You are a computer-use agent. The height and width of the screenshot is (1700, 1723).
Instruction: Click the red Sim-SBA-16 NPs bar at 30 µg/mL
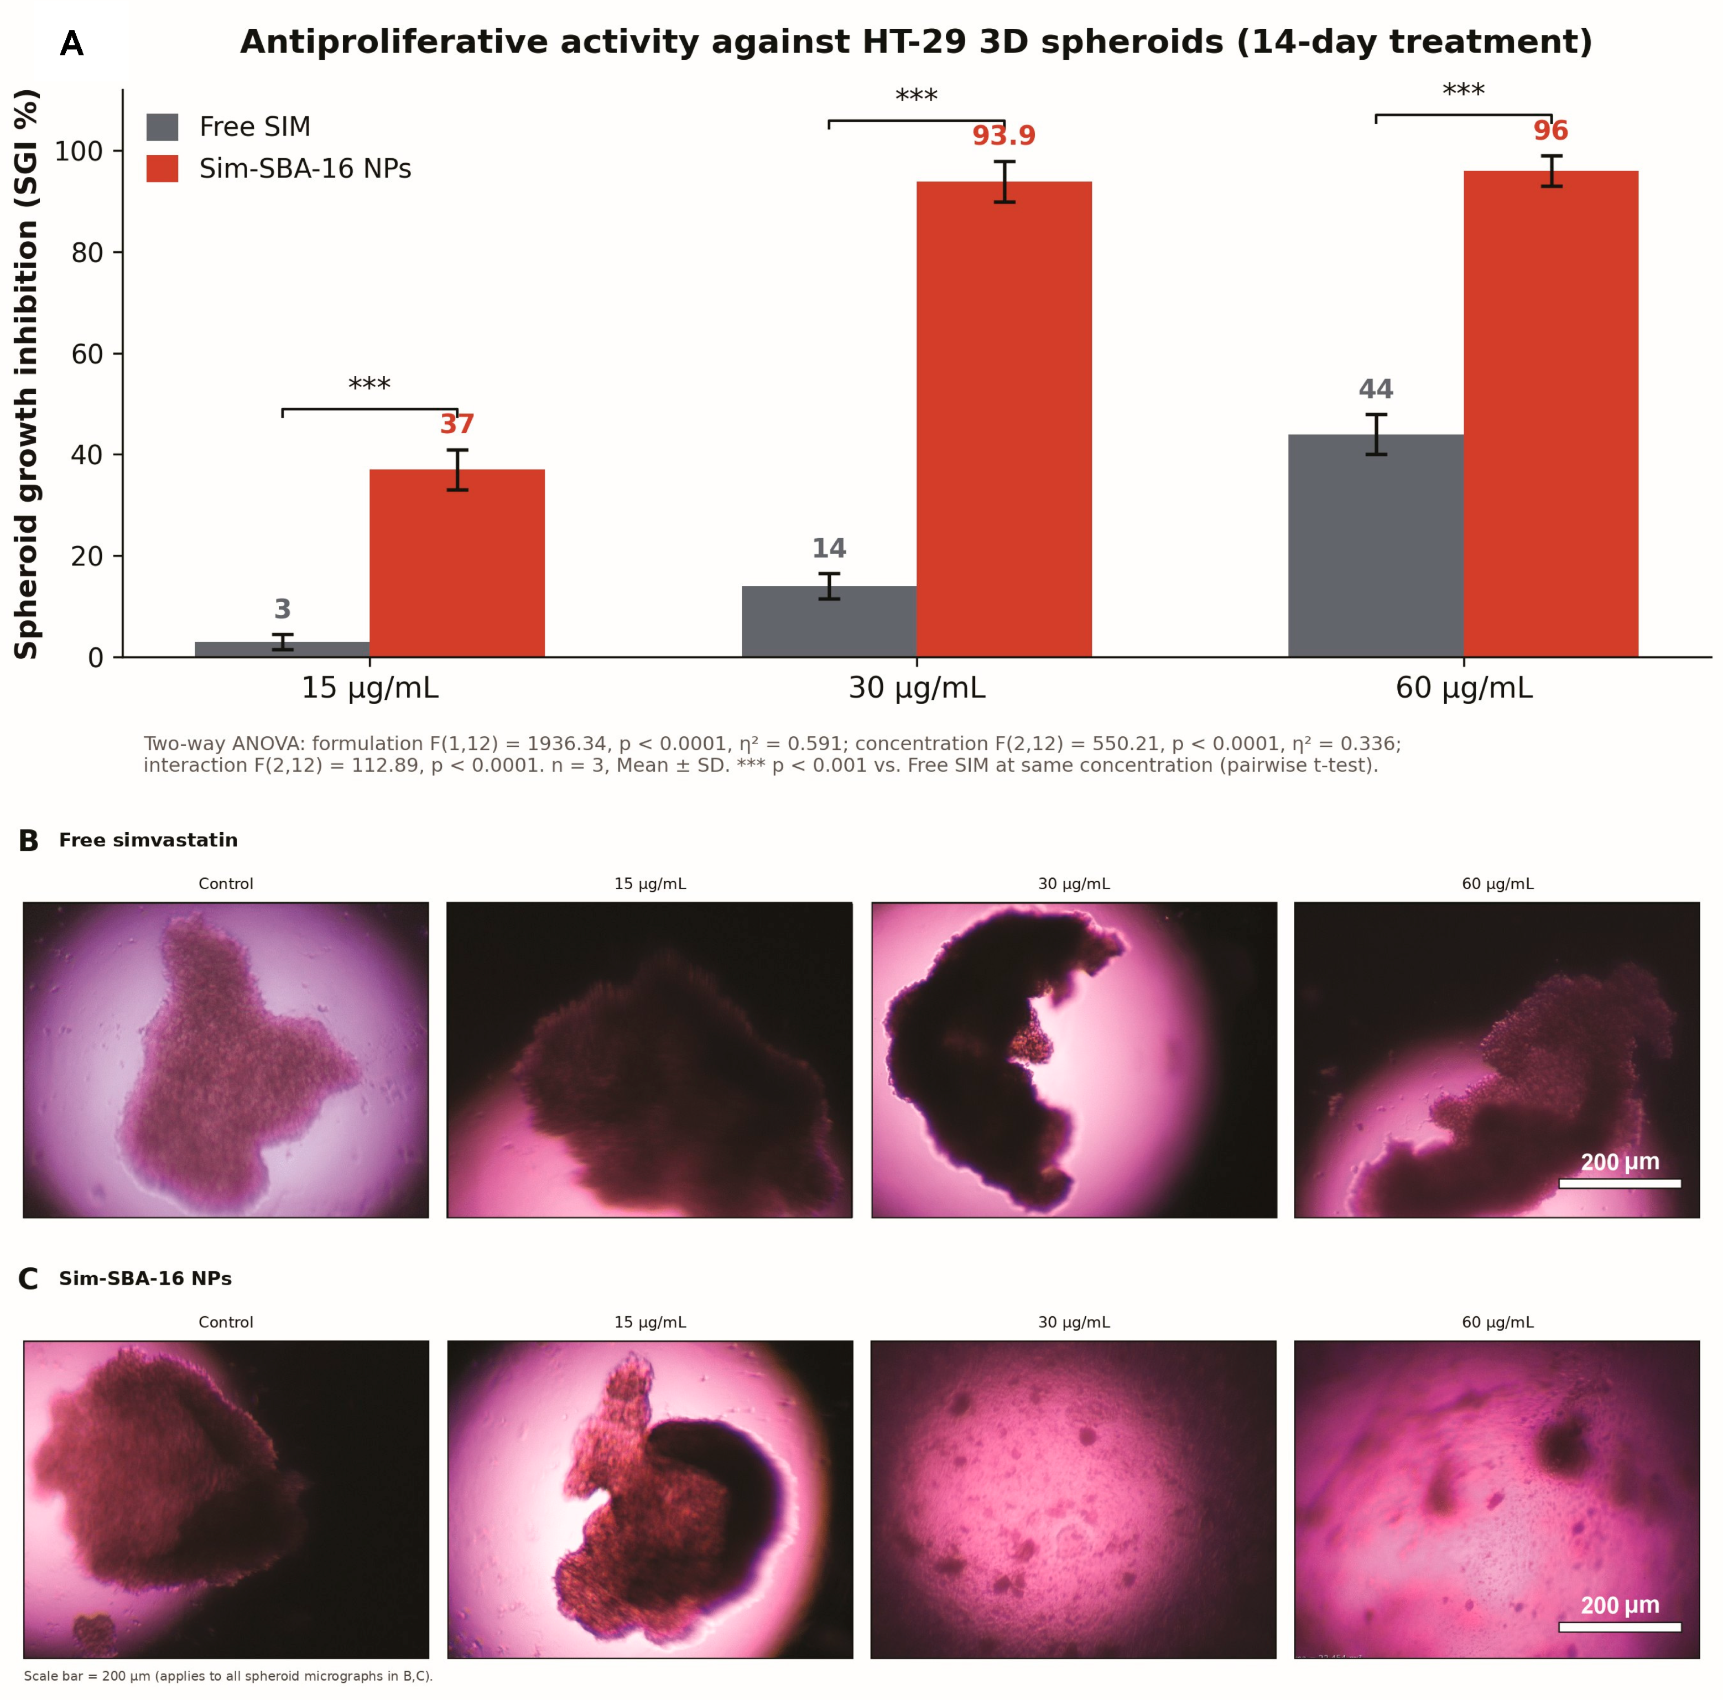[1003, 419]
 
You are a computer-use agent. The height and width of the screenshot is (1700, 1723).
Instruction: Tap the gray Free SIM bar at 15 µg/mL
[282, 649]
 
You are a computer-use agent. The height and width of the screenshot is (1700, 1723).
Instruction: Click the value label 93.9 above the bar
[1003, 136]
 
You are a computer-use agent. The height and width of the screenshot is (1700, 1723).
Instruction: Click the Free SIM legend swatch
[162, 127]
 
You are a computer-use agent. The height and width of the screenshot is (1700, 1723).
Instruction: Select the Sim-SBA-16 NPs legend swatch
[162, 169]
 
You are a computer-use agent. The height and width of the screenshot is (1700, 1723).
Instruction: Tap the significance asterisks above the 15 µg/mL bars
[369, 384]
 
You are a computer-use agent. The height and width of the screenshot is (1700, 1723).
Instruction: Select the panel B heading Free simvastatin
[148, 840]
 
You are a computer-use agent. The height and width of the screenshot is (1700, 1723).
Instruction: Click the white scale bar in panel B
[1620, 1183]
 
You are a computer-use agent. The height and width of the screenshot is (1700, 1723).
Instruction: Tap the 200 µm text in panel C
[1620, 1605]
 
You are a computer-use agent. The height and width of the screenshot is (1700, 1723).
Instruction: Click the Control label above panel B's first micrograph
[226, 884]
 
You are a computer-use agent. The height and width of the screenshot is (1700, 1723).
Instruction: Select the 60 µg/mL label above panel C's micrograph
[1497, 1323]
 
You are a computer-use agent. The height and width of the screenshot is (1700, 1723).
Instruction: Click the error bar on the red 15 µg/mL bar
[457, 470]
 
